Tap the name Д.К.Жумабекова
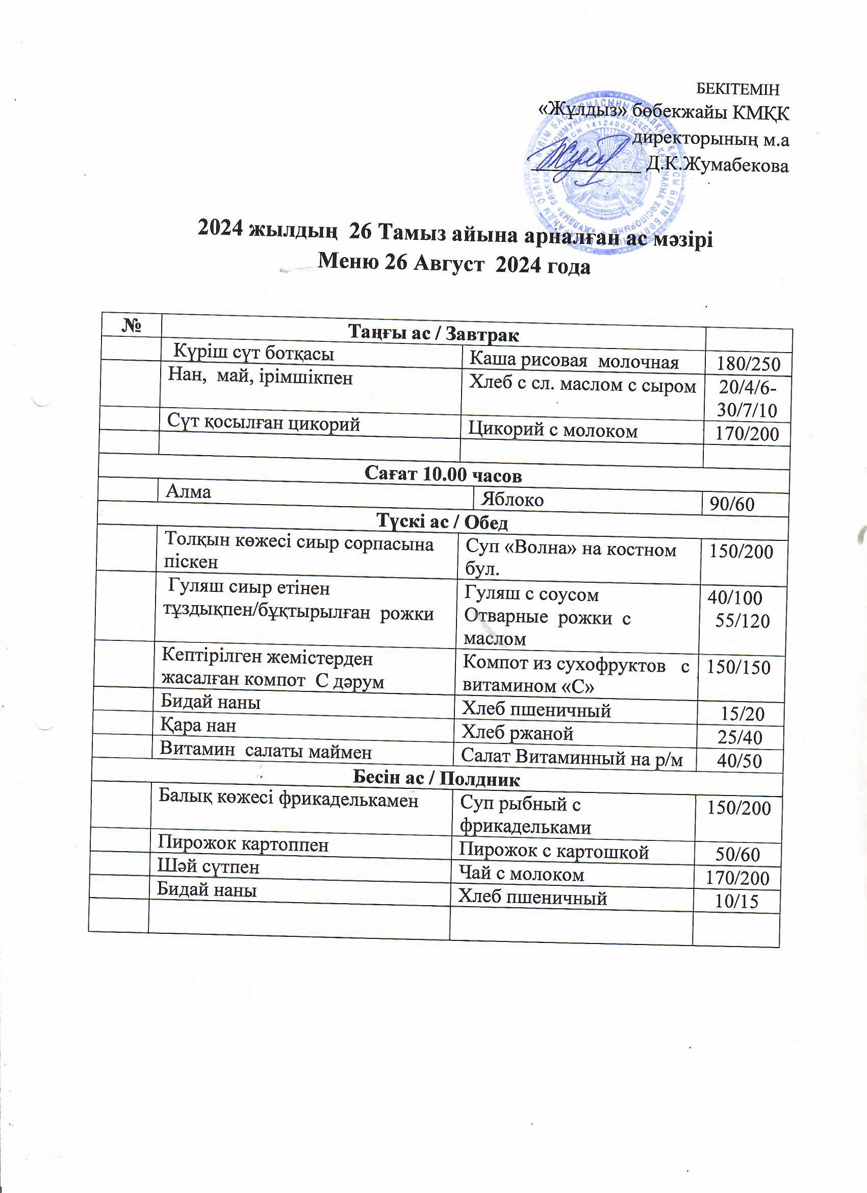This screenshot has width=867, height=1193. click(x=718, y=166)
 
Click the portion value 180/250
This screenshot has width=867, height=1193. click(x=747, y=364)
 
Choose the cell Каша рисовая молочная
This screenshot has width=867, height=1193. click(x=574, y=361)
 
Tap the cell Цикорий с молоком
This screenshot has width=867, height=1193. click(x=553, y=431)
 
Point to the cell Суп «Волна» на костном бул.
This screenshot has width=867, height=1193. click(x=571, y=559)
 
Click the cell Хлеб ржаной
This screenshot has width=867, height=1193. click(x=517, y=733)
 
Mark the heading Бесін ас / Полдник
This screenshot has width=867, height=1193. click(x=436, y=779)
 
